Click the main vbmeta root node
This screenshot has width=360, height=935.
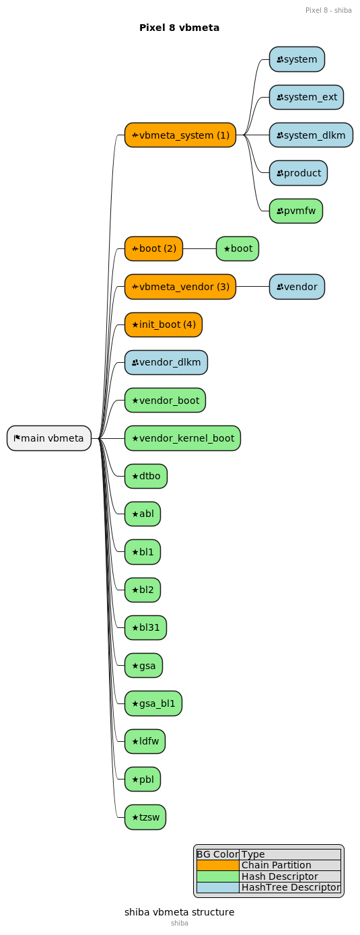[x=49, y=438]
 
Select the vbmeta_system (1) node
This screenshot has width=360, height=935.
[x=180, y=135]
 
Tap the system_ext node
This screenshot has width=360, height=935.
[x=306, y=97]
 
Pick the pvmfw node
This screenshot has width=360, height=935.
[x=296, y=211]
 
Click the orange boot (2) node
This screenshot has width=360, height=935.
[x=153, y=248]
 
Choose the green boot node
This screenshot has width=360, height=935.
[x=238, y=248]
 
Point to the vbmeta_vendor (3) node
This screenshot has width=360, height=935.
[x=180, y=287]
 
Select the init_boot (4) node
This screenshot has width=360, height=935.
[x=163, y=324]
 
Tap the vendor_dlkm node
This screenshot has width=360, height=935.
[x=166, y=362]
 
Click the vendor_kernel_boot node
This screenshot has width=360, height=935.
[x=183, y=438]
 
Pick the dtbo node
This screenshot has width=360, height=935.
[x=146, y=476]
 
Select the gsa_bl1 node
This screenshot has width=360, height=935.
[x=153, y=703]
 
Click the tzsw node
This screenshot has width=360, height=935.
[x=145, y=817]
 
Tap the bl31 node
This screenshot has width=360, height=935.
[x=145, y=627]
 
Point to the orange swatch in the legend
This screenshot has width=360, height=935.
[x=218, y=865]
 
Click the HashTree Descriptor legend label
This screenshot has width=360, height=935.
[x=291, y=887]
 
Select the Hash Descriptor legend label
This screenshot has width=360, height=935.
[x=279, y=876]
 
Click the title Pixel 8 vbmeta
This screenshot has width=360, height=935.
[x=180, y=28]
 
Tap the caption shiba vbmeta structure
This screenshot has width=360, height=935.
[x=180, y=912]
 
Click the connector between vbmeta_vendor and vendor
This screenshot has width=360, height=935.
[x=253, y=287]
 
